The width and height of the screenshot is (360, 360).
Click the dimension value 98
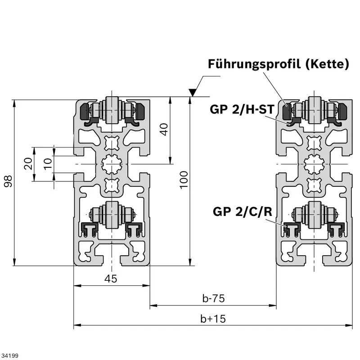coord(8,182)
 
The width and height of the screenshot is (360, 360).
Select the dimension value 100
coord(184,180)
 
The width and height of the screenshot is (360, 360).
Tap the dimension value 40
coord(164,130)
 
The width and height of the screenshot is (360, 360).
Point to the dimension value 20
coord(28,163)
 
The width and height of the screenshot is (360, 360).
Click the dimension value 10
coord(48,163)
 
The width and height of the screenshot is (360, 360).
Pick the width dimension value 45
coord(111,279)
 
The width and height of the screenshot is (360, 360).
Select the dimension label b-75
coord(213,298)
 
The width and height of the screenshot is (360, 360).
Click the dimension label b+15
coord(213,319)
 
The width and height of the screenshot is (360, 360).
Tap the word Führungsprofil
coord(254,64)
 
